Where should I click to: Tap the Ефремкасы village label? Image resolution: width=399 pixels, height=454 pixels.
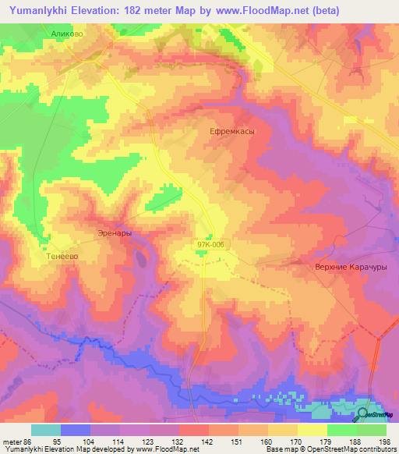click(x=232, y=132)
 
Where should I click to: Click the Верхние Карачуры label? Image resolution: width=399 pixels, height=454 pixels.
click(x=351, y=266)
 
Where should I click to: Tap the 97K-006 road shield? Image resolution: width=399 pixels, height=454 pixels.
click(x=210, y=245)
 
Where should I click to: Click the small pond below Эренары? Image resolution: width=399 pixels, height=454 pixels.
click(x=140, y=255)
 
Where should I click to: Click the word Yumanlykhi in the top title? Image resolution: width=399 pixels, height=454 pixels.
click(x=40, y=10)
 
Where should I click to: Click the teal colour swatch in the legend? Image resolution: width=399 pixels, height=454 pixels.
click(x=46, y=430)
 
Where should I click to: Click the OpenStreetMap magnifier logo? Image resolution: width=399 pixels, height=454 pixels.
click(x=363, y=415)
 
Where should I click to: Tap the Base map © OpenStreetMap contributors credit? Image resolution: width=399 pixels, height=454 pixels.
click(x=332, y=449)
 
